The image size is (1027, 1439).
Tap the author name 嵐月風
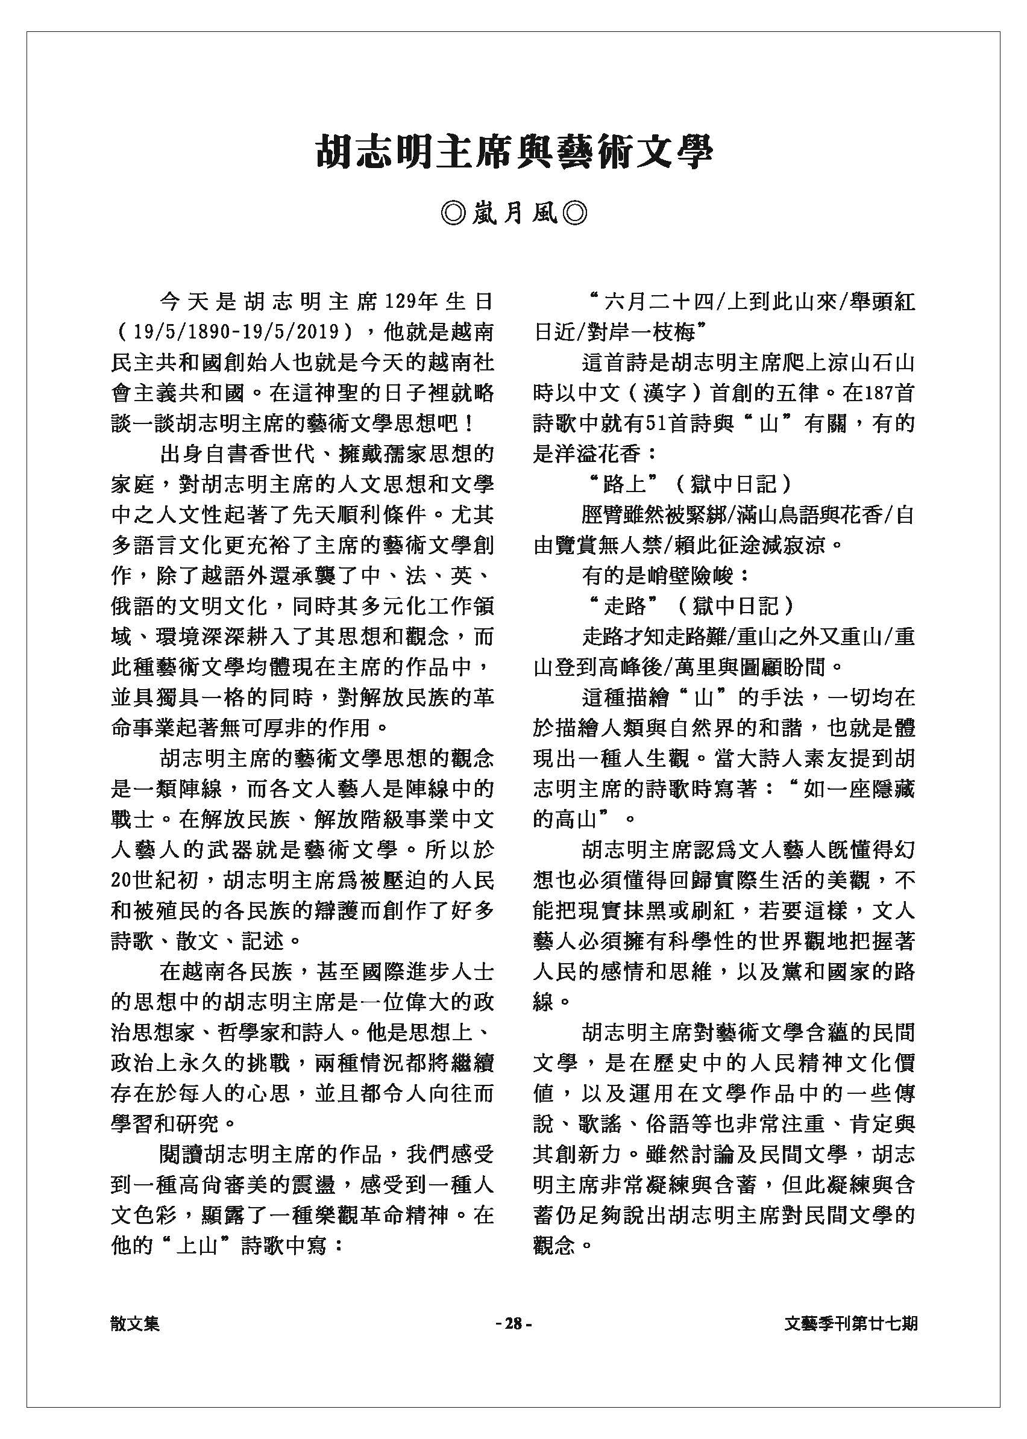[x=513, y=214]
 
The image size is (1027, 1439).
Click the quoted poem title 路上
[x=624, y=485]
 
